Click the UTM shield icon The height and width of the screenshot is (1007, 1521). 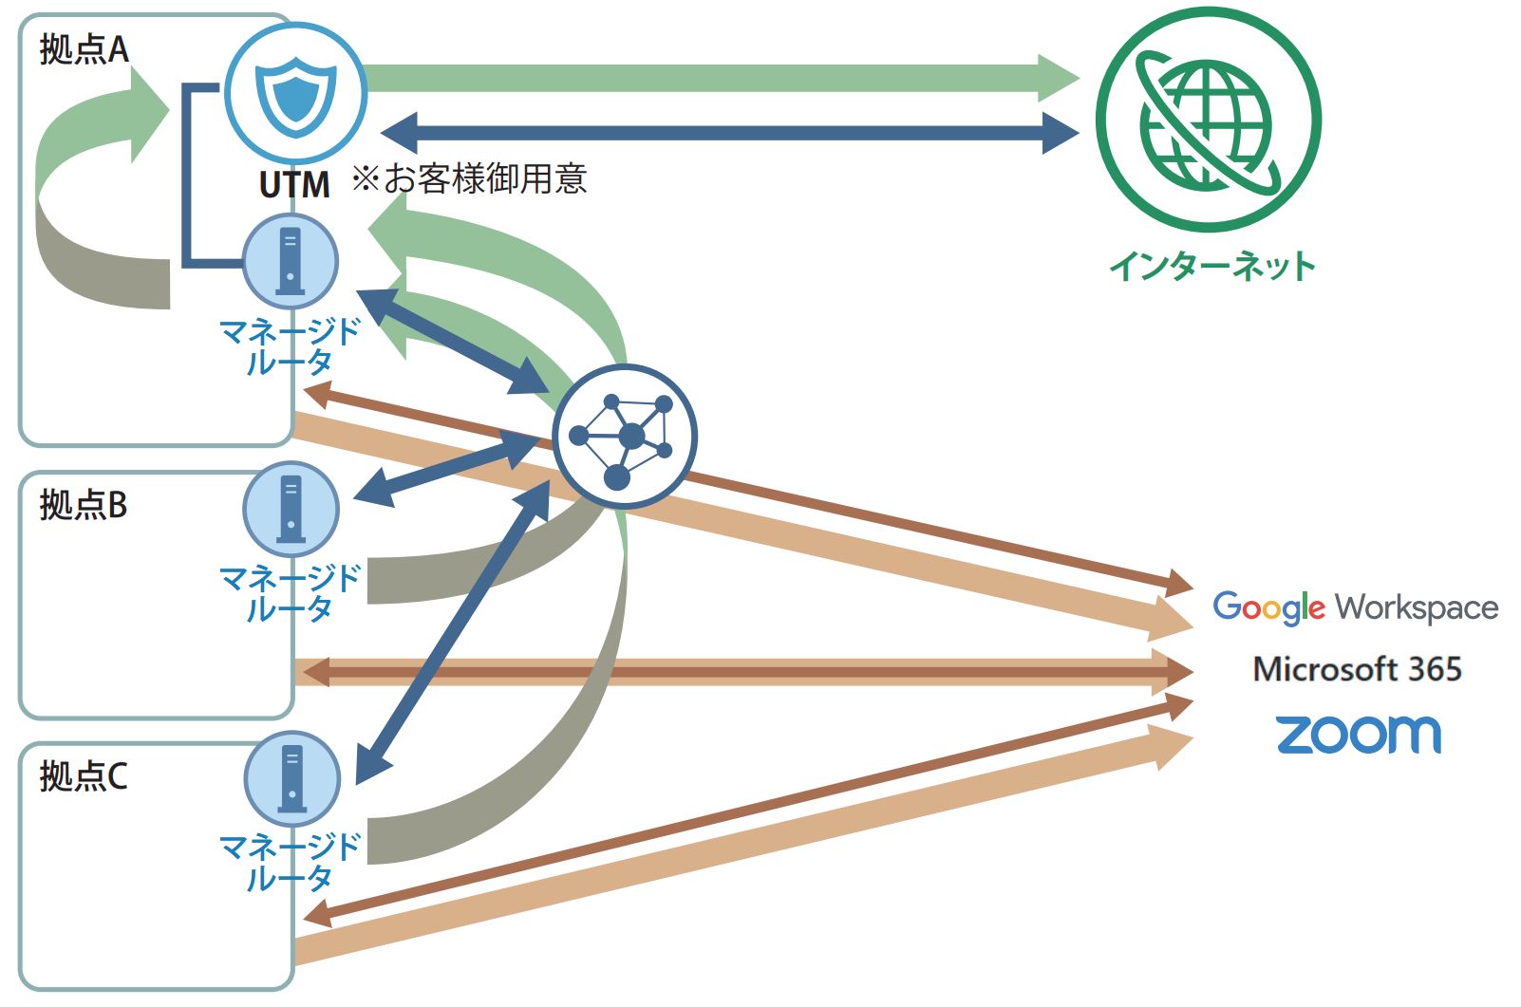pyautogui.click(x=295, y=92)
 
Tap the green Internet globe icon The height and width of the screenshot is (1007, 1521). pyautogui.click(x=1208, y=120)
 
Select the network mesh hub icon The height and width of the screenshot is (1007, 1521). pyautogui.click(x=624, y=436)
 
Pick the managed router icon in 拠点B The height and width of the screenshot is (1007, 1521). pyautogui.click(x=291, y=508)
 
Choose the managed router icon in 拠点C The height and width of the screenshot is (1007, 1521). pyautogui.click(x=291, y=778)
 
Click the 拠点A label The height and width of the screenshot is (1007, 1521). pyautogui.click(x=84, y=50)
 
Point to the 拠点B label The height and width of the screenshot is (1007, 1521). pyautogui.click(x=84, y=505)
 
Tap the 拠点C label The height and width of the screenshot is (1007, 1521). pyautogui.click(x=84, y=776)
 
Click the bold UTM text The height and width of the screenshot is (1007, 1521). pyautogui.click(x=294, y=184)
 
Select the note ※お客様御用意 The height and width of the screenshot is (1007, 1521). pyautogui.click(x=469, y=178)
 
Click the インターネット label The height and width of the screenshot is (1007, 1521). pyautogui.click(x=1211, y=266)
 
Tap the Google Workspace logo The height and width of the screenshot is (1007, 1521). pyautogui.click(x=1355, y=607)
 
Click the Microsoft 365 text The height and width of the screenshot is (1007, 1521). pyautogui.click(x=1357, y=669)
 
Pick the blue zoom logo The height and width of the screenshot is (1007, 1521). pyautogui.click(x=1358, y=734)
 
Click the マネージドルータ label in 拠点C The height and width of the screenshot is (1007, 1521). pyautogui.click(x=290, y=861)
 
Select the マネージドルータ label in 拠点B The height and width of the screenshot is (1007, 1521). pyautogui.click(x=290, y=592)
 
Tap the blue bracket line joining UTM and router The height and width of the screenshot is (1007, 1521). pyautogui.click(x=186, y=176)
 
